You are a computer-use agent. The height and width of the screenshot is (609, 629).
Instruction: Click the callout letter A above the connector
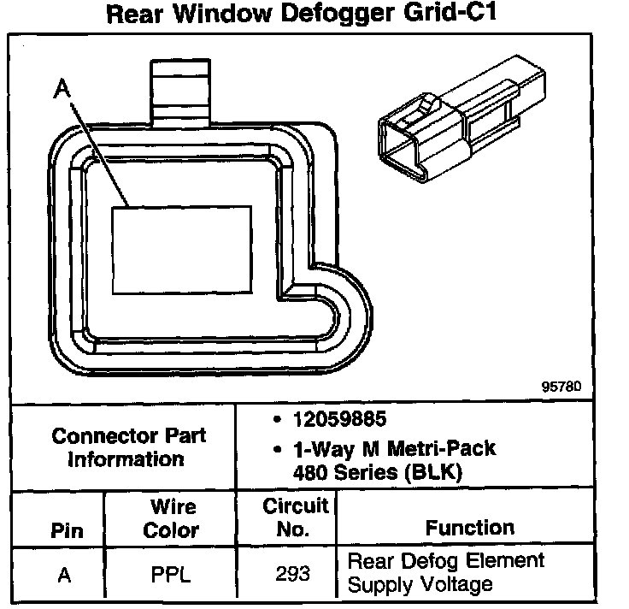[x=59, y=87]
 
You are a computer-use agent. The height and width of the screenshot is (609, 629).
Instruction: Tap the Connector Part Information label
[x=128, y=446]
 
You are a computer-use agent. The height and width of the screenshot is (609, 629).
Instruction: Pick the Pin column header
[x=68, y=530]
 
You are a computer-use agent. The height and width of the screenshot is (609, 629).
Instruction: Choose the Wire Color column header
[x=171, y=518]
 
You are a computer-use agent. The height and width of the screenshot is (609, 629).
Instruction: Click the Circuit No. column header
[x=293, y=517]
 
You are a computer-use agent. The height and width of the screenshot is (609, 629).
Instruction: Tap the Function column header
[x=470, y=528]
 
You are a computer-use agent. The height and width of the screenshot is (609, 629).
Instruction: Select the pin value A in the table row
[x=64, y=576]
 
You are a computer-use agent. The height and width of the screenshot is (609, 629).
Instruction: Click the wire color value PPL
[x=170, y=576]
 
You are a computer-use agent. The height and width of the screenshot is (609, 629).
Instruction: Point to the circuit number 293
[x=293, y=574]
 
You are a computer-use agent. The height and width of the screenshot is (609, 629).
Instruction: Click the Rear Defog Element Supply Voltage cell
[x=445, y=573]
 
